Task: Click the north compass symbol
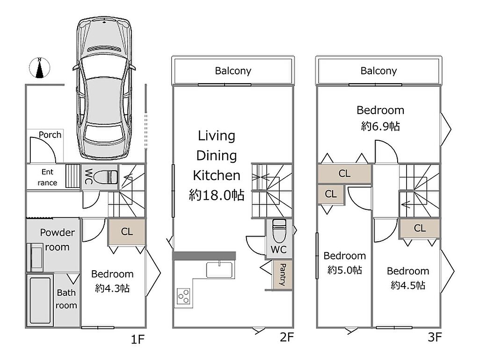pos(39,67)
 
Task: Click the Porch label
pos(50,135)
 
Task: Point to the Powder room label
pos(58,240)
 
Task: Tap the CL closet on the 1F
pos(127,231)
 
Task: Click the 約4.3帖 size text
pos(112,288)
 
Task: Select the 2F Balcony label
pos(233,71)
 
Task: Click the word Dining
pos(217,155)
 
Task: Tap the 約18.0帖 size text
pos(217,195)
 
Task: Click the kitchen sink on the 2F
pos(220,270)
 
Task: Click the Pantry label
pos(283,274)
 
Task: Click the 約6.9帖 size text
pos(380,126)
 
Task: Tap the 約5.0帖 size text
pos(345,270)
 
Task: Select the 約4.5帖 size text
pos(408,285)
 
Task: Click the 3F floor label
pos(435,337)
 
